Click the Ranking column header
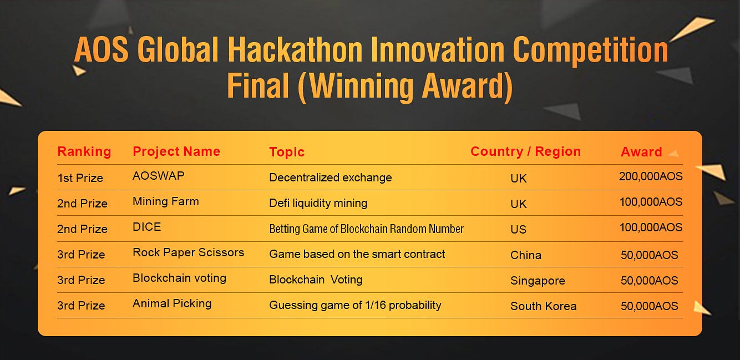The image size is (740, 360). coord(84,151)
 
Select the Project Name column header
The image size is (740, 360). coord(176,151)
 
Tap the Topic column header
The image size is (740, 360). coord(287,152)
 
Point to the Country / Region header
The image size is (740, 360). coord(525,151)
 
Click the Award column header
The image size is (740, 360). coord(642,152)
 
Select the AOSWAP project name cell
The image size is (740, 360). coord(159,176)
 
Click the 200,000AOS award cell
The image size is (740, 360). coord(651,176)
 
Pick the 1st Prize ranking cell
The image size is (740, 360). coord(80,178)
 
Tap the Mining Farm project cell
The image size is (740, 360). coord(166,201)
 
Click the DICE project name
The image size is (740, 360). coord(146,227)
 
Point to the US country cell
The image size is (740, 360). coord(518,229)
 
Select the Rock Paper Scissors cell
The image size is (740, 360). coord(188,252)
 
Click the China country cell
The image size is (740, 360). coord(526,255)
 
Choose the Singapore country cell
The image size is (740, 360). coord(538,281)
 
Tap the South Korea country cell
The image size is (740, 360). coord(544,306)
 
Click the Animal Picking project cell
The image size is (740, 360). coord(172,303)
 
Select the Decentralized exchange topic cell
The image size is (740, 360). coord(331,178)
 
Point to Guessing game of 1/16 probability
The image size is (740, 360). coord(355,305)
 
